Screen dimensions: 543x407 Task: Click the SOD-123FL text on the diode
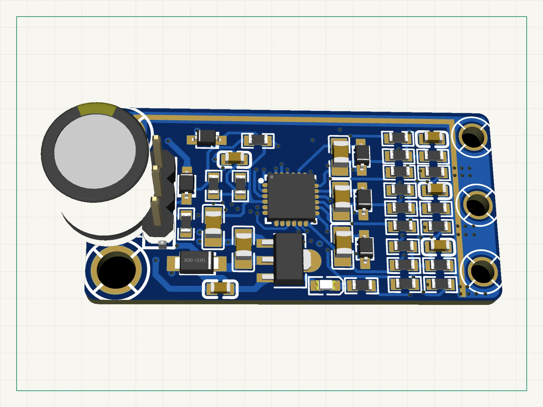point(195,260)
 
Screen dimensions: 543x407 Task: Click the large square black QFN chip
point(292,197)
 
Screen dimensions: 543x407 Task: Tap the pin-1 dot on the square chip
point(271,177)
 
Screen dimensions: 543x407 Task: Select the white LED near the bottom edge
point(325,286)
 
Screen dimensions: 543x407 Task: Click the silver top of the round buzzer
point(95,151)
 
